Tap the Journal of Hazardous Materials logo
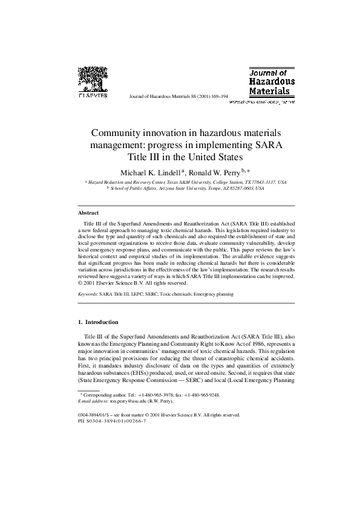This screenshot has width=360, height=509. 272,83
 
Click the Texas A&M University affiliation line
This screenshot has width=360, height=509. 187,181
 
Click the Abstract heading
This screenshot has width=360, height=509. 88,213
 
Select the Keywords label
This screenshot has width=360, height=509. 88,294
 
